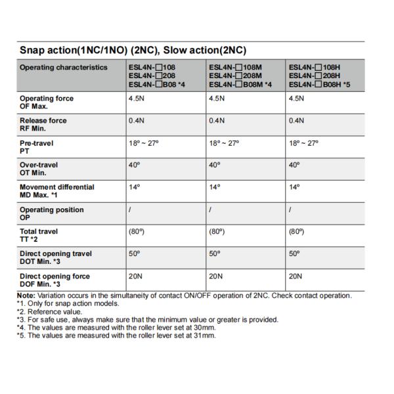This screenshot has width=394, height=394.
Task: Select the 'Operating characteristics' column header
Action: click(63, 67)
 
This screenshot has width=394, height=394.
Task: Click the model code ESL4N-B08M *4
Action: click(240, 84)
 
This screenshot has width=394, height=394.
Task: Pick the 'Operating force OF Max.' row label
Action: click(47, 102)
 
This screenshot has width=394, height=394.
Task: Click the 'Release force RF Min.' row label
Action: click(43, 124)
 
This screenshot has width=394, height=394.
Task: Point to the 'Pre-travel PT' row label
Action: click(37, 146)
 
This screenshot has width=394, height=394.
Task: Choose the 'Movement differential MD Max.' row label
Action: click(57, 191)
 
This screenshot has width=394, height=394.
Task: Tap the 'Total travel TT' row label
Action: click(39, 235)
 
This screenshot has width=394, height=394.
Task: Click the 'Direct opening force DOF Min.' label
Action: click(55, 280)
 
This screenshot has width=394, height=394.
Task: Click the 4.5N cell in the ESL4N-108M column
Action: click(217, 98)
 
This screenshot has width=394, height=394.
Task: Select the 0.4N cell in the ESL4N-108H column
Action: click(297, 121)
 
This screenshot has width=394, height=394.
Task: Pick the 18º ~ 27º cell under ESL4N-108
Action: click(144, 143)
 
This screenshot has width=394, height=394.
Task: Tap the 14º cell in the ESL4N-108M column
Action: click(213, 187)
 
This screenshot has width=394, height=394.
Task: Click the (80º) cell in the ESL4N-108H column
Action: click(297, 232)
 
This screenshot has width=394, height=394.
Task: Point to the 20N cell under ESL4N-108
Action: click(136, 276)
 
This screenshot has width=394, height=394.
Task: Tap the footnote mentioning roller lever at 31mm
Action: click(116, 336)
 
